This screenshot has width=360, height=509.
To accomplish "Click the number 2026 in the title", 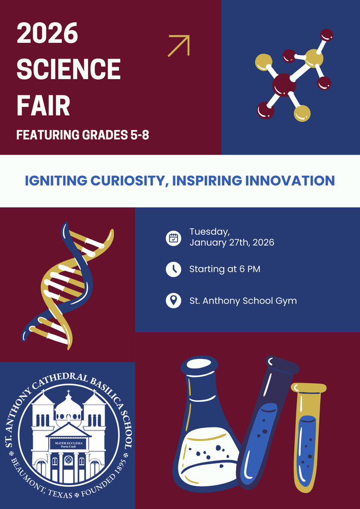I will pyautogui.click(x=47, y=34).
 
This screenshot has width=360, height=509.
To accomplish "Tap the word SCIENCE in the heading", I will pyautogui.click(x=69, y=70).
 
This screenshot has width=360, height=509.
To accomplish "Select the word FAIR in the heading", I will pyautogui.click(x=43, y=105).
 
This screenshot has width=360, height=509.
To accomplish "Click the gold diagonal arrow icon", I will pyautogui.click(x=179, y=46).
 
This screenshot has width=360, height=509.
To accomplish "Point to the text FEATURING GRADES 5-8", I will pyautogui.click(x=83, y=135).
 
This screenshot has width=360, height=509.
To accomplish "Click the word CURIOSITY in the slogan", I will pyautogui.click(x=127, y=180).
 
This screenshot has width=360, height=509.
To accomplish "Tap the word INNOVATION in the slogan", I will pyautogui.click(x=290, y=180).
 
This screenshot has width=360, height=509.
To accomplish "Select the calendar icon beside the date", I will pyautogui.click(x=173, y=238).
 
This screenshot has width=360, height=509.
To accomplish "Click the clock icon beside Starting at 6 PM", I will pyautogui.click(x=173, y=269).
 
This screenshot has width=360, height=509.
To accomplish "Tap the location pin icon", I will pyautogui.click(x=173, y=301).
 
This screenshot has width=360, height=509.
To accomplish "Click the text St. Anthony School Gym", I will pyautogui.click(x=243, y=301).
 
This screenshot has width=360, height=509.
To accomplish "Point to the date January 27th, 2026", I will pyautogui.click(x=232, y=243).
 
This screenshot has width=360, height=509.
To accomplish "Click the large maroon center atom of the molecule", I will pyautogui.click(x=284, y=84).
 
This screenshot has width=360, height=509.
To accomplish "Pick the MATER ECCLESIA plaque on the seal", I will pyautogui.click(x=68, y=444).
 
